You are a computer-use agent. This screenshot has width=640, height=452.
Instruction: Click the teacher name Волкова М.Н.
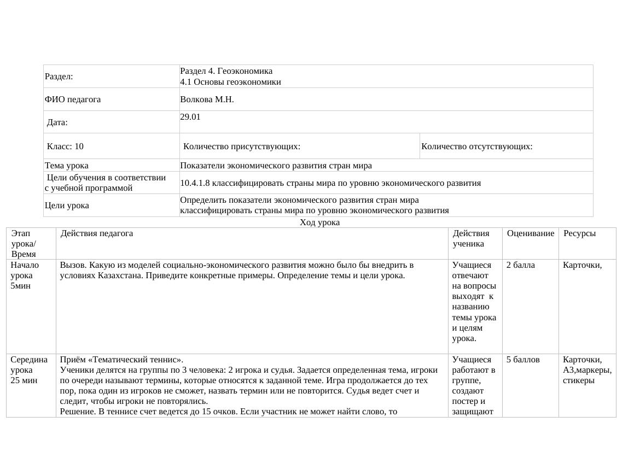click(x=207, y=99)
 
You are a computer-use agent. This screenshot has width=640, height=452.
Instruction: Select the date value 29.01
click(x=190, y=117)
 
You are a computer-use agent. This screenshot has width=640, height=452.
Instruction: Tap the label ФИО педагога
click(x=73, y=99)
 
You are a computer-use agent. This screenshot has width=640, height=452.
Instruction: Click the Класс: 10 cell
click(x=65, y=146)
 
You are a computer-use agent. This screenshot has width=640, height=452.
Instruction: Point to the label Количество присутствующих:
click(x=242, y=146)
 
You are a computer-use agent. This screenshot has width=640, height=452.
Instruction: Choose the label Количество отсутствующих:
click(x=477, y=146)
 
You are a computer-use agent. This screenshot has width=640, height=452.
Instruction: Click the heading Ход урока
click(x=320, y=222)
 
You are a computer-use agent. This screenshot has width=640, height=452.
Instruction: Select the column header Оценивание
click(x=531, y=233)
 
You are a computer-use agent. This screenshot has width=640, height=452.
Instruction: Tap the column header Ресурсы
click(x=580, y=233)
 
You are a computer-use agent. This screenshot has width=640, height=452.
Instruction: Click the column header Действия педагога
click(x=97, y=233)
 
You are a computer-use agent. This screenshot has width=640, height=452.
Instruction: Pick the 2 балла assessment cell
click(x=521, y=265)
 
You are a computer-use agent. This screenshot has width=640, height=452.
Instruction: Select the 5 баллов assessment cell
click(x=523, y=360)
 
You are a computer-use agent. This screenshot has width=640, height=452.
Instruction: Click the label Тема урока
click(x=67, y=166)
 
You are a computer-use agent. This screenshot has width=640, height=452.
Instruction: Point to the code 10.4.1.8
click(x=195, y=183)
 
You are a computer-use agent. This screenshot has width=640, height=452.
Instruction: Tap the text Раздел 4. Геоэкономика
click(x=226, y=71)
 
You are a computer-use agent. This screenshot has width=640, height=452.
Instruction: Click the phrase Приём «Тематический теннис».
click(x=122, y=360)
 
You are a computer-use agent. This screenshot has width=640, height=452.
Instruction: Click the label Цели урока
click(x=67, y=206)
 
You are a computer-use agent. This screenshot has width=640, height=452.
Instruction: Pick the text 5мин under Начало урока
click(x=20, y=286)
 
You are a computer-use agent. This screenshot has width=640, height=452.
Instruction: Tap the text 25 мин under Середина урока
click(x=24, y=380)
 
